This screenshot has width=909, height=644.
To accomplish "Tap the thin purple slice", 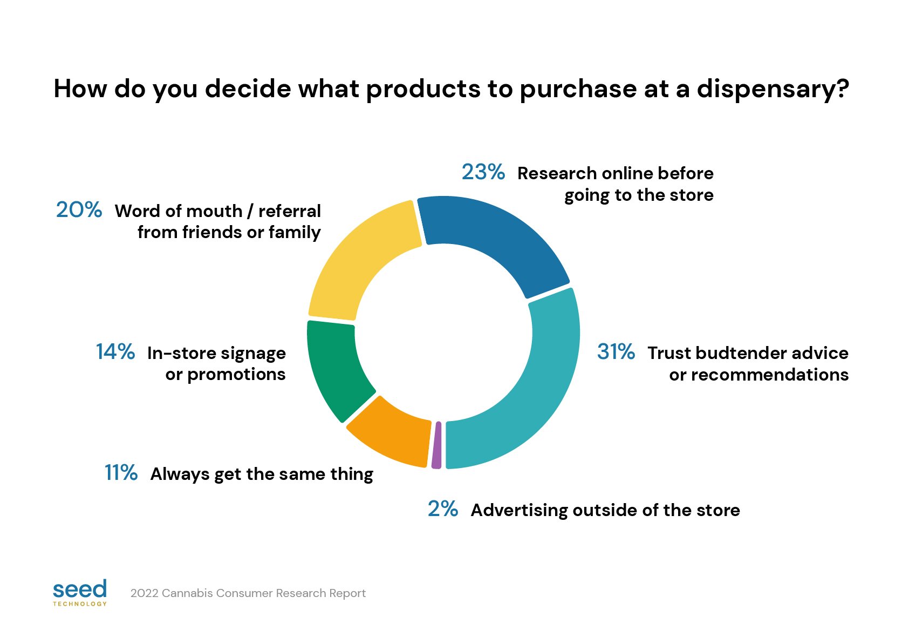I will click(436, 445).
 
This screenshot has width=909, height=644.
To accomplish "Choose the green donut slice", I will click(334, 367).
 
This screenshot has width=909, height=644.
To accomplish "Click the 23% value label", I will click(483, 172).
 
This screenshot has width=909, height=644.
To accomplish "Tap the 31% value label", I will click(616, 352).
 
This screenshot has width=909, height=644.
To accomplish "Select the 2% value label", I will click(442, 509).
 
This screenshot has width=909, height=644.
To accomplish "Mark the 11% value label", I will click(121, 473).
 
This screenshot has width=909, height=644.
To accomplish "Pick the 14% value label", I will click(115, 352).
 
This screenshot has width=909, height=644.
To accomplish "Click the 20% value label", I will click(79, 210).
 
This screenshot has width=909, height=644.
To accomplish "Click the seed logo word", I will click(80, 589).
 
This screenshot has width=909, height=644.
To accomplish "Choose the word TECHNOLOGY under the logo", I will click(80, 604).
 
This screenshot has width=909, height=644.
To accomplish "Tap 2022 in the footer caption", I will click(145, 593).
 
